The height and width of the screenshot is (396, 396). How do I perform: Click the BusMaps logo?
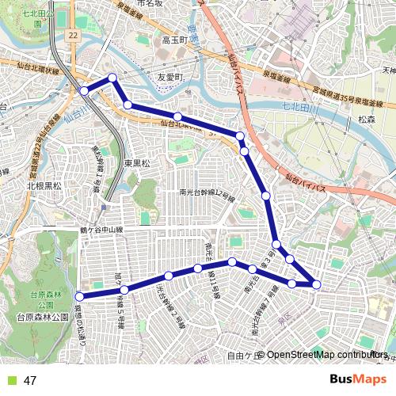point(358,379)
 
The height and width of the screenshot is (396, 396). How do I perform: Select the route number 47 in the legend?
point(31,380)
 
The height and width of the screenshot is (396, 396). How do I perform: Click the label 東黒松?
point(137,163)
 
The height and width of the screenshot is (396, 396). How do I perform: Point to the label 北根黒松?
point(44,186)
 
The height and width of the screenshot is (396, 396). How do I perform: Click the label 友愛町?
point(169,78)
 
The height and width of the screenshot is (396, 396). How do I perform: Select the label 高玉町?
point(173,40)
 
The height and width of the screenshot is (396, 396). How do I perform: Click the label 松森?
point(366,119)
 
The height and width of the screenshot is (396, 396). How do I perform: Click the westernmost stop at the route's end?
point(78,297)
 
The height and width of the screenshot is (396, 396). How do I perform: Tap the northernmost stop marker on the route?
point(112,78)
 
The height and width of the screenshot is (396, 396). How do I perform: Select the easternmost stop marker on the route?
point(317,284)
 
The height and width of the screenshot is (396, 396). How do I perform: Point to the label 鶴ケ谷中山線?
point(101,230)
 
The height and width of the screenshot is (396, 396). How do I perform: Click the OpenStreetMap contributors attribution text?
point(326,355)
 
